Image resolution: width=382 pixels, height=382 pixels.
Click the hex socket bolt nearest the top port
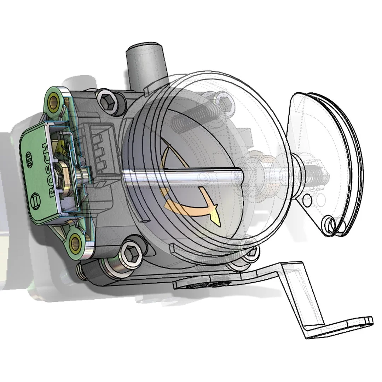pos(107,102)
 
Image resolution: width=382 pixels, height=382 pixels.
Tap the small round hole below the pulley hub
pos(308,199)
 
